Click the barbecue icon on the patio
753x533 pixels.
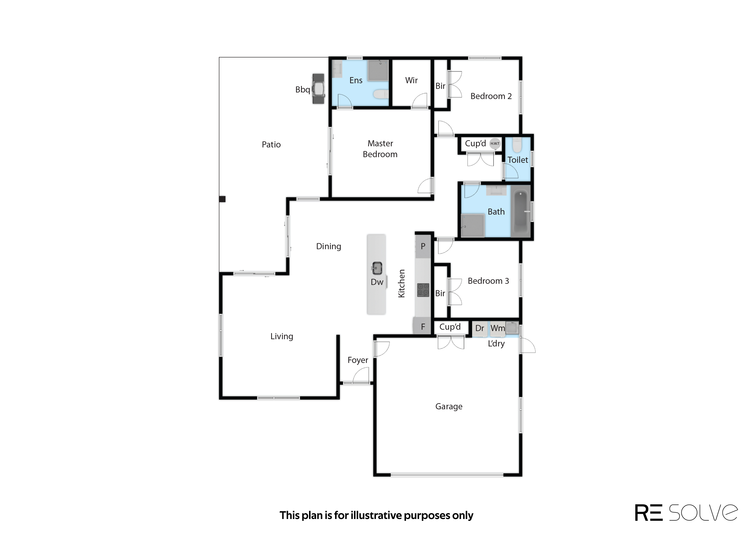pyautogui.click(x=318, y=89)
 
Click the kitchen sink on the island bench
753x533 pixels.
pyautogui.click(x=377, y=268)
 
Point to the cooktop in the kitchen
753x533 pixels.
pyautogui.click(x=423, y=290)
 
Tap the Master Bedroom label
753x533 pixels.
pyautogui.click(x=380, y=149)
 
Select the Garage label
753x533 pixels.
pyautogui.click(x=449, y=406)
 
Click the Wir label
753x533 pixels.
pyautogui.click(x=411, y=81)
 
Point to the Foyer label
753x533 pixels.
pyautogui.click(x=358, y=360)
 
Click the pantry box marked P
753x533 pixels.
pyautogui.click(x=423, y=246)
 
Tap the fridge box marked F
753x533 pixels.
pyautogui.click(x=423, y=327)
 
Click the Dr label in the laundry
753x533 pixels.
pyautogui.click(x=480, y=328)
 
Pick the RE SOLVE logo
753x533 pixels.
pyautogui.click(x=686, y=513)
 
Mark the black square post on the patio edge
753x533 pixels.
pyautogui.click(x=222, y=199)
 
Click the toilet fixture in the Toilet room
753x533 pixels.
pyautogui.click(x=517, y=145)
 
